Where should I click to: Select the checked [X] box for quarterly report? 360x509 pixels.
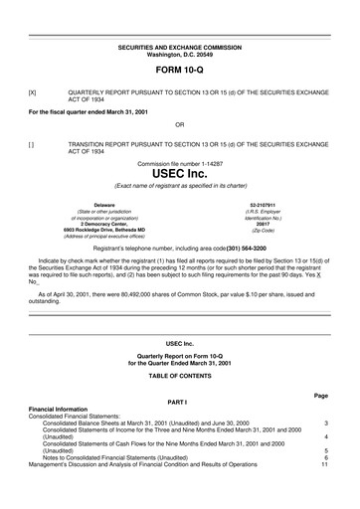coord(32,91)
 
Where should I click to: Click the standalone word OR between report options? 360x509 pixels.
coord(180,124)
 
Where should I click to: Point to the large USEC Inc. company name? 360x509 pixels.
coord(180,173)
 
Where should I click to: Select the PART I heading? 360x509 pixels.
coord(180,402)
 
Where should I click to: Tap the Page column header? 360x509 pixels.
coord(320,396)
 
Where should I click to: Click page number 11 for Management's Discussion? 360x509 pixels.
coord(323,463)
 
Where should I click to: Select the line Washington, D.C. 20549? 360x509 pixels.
coord(180,54)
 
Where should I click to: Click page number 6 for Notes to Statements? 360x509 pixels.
coord(325,456)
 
